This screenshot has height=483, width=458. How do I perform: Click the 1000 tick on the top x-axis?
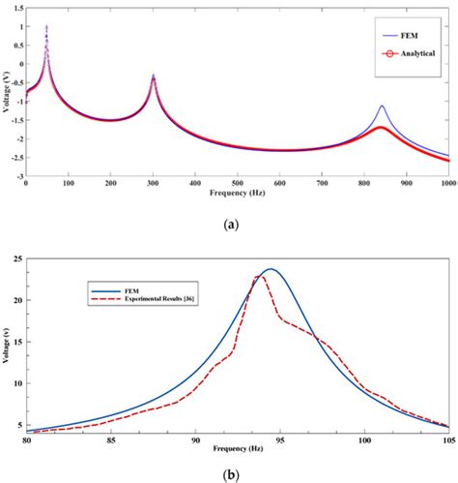[x=447, y=183]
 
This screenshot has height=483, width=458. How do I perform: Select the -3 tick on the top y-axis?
[x=18, y=176]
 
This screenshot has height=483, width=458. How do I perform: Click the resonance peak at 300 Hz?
[x=153, y=75]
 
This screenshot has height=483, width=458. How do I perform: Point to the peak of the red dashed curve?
[x=259, y=277]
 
